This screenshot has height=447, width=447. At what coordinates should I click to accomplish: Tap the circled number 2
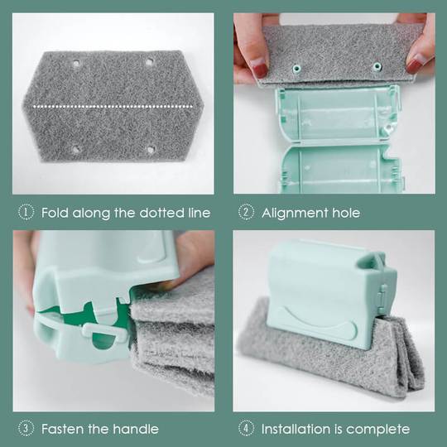pos(246,213)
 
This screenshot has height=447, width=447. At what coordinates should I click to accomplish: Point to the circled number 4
pos(246,429)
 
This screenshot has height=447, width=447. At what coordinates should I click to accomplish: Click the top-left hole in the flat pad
pos(76,63)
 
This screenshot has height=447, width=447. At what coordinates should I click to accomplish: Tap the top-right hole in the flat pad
pos(150,61)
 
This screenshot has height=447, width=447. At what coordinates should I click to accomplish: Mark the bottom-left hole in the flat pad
pos(76,149)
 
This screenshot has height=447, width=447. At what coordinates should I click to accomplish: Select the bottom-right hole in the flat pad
pos(151,150)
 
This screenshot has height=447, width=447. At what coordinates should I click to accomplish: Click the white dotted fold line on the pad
pos(116,106)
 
